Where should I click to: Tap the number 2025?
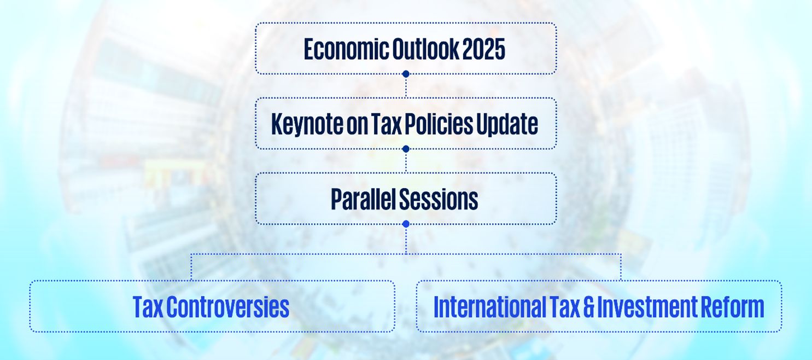(x=484, y=49)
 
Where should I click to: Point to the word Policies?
(x=439, y=124)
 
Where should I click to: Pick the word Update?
(x=507, y=124)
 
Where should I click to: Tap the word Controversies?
(x=227, y=307)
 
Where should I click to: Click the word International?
(x=489, y=307)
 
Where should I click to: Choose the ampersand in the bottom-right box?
(x=589, y=307)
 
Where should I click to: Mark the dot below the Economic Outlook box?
(x=406, y=74)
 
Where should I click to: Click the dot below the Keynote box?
(x=406, y=149)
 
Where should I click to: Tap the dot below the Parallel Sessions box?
(x=406, y=224)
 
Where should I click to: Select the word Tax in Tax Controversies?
(x=148, y=307)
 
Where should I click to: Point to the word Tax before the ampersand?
(x=564, y=307)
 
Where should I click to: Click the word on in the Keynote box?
(x=357, y=126)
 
